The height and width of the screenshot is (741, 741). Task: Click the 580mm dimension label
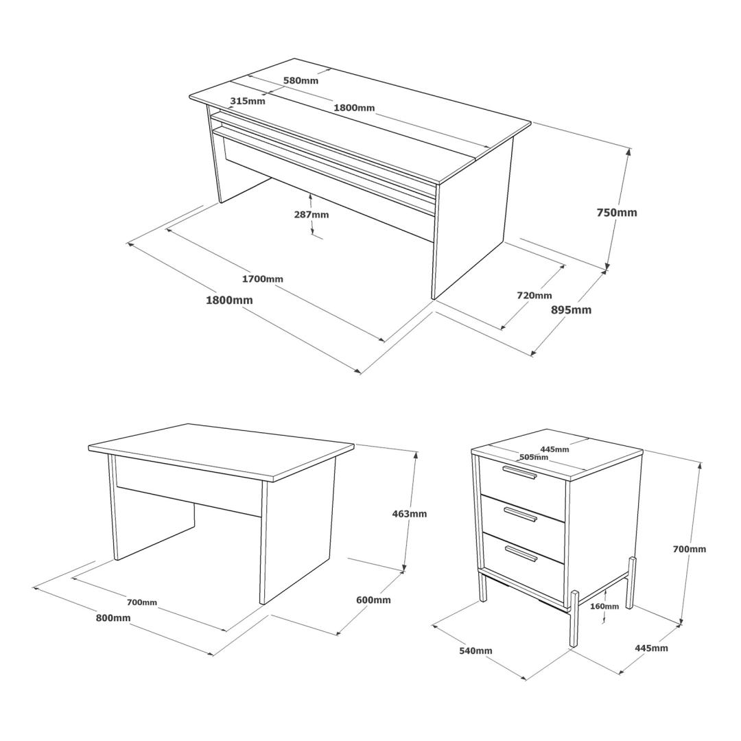[301, 80]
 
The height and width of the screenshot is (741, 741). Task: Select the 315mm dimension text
[248, 101]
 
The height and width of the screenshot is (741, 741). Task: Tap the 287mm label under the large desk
[311, 215]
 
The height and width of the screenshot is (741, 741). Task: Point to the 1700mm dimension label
[263, 279]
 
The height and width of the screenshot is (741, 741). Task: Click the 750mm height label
[617, 213]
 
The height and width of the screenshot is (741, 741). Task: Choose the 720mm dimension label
[534, 295]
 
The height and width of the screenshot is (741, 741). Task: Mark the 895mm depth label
[572, 310]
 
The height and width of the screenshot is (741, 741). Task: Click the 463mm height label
[409, 514]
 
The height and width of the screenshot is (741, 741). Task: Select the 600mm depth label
[373, 600]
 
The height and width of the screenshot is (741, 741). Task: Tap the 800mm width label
[113, 617]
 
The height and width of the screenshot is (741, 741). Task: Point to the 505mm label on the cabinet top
[534, 457]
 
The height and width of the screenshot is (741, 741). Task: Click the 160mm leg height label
[604, 607]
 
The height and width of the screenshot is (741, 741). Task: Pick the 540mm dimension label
[476, 650]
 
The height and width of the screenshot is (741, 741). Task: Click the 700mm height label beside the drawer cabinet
[690, 549]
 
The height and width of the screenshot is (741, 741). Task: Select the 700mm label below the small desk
[142, 602]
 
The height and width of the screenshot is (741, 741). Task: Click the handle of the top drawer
[520, 473]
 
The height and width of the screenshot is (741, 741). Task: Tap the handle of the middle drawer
[521, 513]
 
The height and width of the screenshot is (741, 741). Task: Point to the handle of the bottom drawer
[521, 554]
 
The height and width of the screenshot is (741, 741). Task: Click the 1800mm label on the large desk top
[355, 108]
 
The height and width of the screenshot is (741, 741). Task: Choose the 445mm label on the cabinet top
[555, 449]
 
